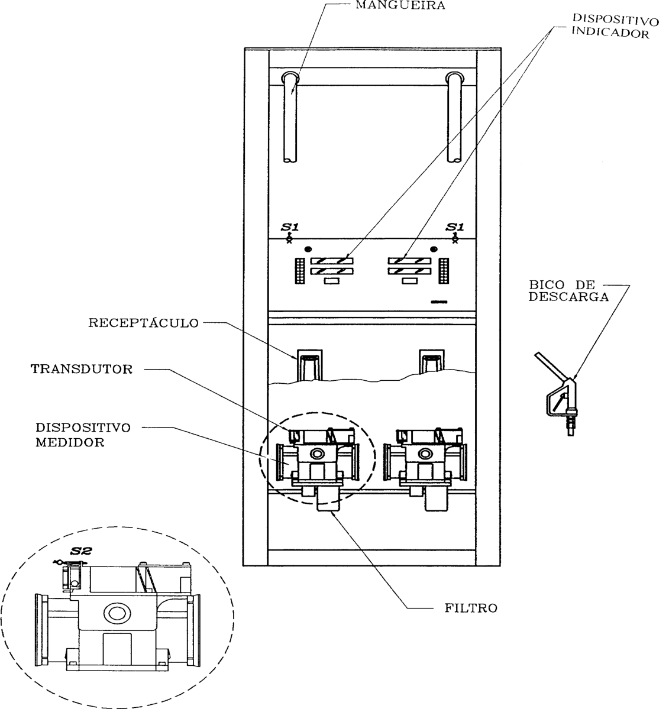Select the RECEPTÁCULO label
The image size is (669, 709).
[x=143, y=323]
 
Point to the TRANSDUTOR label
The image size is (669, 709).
[x=82, y=369]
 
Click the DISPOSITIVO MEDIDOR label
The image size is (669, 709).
[x=83, y=435]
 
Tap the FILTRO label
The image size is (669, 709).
[x=471, y=608]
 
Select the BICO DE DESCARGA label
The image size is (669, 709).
[x=568, y=291]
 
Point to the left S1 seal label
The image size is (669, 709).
[x=289, y=226]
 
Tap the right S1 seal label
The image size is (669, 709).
[x=455, y=226]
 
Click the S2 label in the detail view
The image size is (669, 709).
[x=82, y=551]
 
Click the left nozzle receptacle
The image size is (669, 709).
[x=309, y=364]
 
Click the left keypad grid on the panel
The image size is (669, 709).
[x=300, y=271]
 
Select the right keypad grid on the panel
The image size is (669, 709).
[x=444, y=271]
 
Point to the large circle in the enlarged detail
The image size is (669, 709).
[x=117, y=613]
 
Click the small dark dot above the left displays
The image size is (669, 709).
[x=309, y=249]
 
